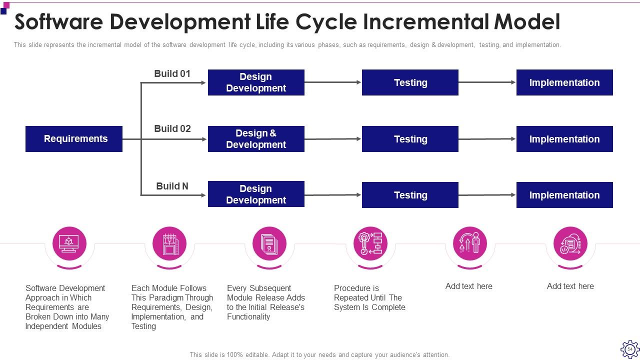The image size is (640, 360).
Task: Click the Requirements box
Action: tap(74, 139)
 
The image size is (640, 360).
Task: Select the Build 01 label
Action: tap(172, 73)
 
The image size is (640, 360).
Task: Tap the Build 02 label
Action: tap(172, 128)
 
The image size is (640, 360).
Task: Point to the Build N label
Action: tap(172, 186)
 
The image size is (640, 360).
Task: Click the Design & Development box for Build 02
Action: tap(256, 139)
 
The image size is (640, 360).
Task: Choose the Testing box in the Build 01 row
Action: tap(410, 82)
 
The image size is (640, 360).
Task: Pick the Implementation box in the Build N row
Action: tap(564, 195)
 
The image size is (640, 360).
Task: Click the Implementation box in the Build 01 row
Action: tap(564, 82)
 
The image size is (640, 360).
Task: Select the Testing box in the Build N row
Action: tap(410, 195)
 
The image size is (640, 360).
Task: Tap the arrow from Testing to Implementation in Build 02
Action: tap(487, 139)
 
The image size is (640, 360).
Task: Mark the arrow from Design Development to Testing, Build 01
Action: tap(333, 82)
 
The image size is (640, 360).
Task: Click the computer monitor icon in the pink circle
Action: tap(69, 243)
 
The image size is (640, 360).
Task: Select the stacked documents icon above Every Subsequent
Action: tap(269, 243)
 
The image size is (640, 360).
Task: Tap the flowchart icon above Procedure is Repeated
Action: tap(370, 243)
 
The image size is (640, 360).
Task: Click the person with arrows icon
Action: tap(469, 243)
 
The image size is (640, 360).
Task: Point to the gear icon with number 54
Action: tap(629, 349)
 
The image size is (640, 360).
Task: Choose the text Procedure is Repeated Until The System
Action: tap(369, 298)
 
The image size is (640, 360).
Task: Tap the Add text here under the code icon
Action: tap(570, 286)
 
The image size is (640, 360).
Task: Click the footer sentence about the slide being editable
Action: tap(319, 354)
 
